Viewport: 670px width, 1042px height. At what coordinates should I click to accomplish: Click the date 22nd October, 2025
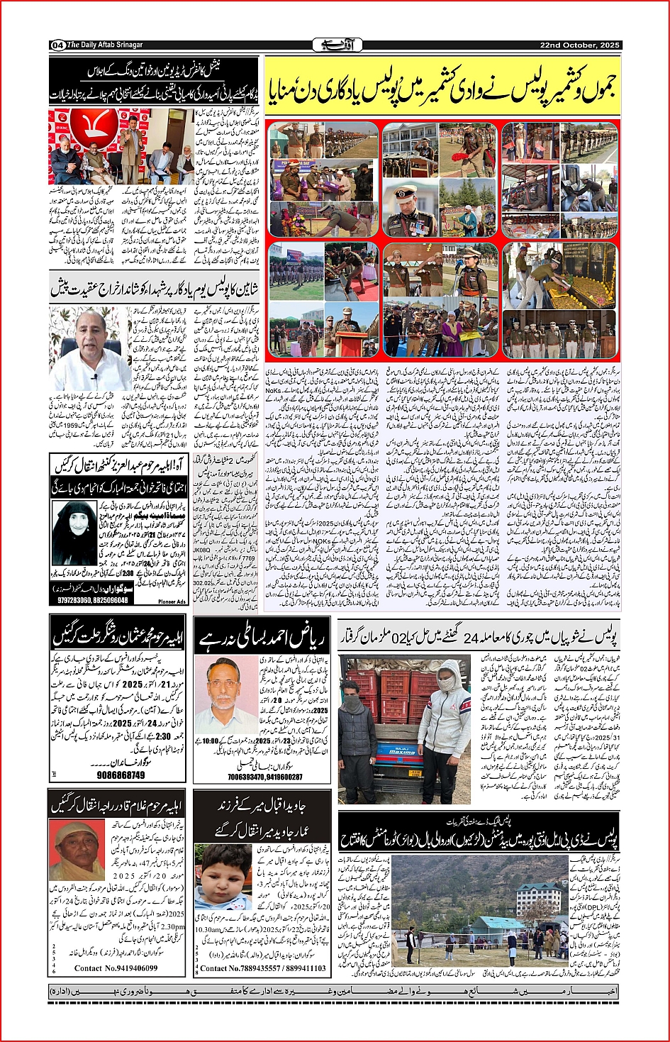click(579, 45)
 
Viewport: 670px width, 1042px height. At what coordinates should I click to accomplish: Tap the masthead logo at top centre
click(337, 45)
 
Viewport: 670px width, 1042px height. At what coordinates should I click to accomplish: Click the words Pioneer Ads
click(172, 602)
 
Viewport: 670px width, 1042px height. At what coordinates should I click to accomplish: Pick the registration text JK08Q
click(202, 549)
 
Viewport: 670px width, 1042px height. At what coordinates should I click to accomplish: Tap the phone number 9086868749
click(121, 775)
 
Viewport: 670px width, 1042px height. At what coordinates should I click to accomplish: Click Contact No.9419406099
click(116, 968)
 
